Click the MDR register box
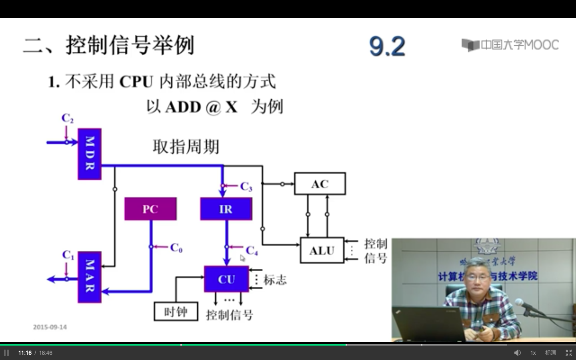[x=89, y=154]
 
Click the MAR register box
[x=89, y=277]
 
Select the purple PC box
[x=150, y=209]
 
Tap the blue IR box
[x=226, y=209]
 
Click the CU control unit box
[x=226, y=279]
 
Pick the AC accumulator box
[x=320, y=184]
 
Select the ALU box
[x=322, y=250]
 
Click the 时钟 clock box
[x=176, y=312]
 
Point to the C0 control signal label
[x=176, y=248]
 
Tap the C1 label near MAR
[x=68, y=255]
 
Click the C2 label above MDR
[x=67, y=118]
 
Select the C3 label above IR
[x=246, y=186]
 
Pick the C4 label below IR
[x=252, y=251]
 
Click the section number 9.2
[x=387, y=46]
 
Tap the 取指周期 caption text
[x=186, y=146]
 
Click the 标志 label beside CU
[x=275, y=280]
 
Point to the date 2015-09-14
[x=50, y=327]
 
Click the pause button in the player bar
[x=6, y=353]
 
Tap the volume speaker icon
[x=517, y=353]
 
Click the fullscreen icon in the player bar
[x=568, y=353]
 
